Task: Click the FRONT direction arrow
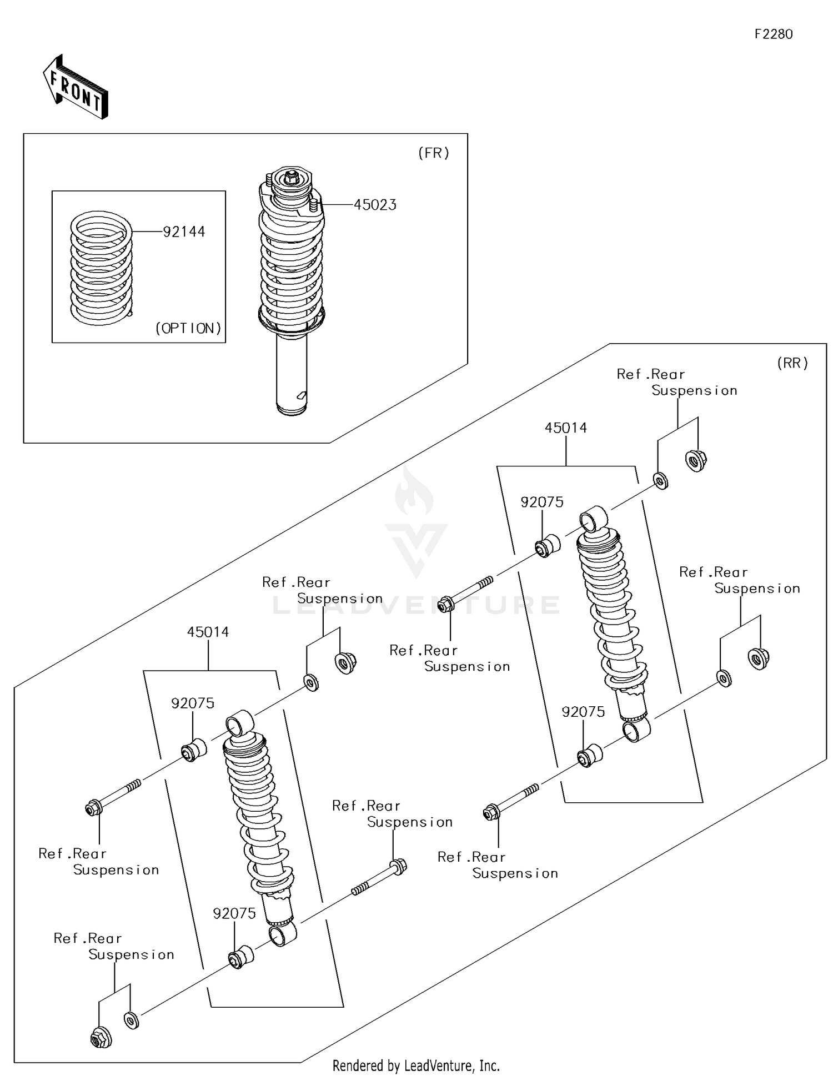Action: tap(76, 87)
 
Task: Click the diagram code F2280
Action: tap(773, 34)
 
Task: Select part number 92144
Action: tap(184, 232)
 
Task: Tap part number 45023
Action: tap(375, 205)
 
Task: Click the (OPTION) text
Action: tap(188, 328)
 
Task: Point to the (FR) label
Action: tap(433, 153)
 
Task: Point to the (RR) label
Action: tap(792, 363)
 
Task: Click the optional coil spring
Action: tap(102, 268)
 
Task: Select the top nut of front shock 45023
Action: tap(291, 177)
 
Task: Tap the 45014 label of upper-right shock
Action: tap(565, 428)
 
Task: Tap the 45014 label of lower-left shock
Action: tap(208, 632)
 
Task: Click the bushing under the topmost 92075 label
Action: tap(548, 546)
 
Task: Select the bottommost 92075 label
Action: tap(234, 913)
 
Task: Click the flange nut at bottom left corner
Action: tap(101, 1037)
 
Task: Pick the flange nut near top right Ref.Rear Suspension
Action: tap(696, 460)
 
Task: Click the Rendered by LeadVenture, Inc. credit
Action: tap(416, 1065)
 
